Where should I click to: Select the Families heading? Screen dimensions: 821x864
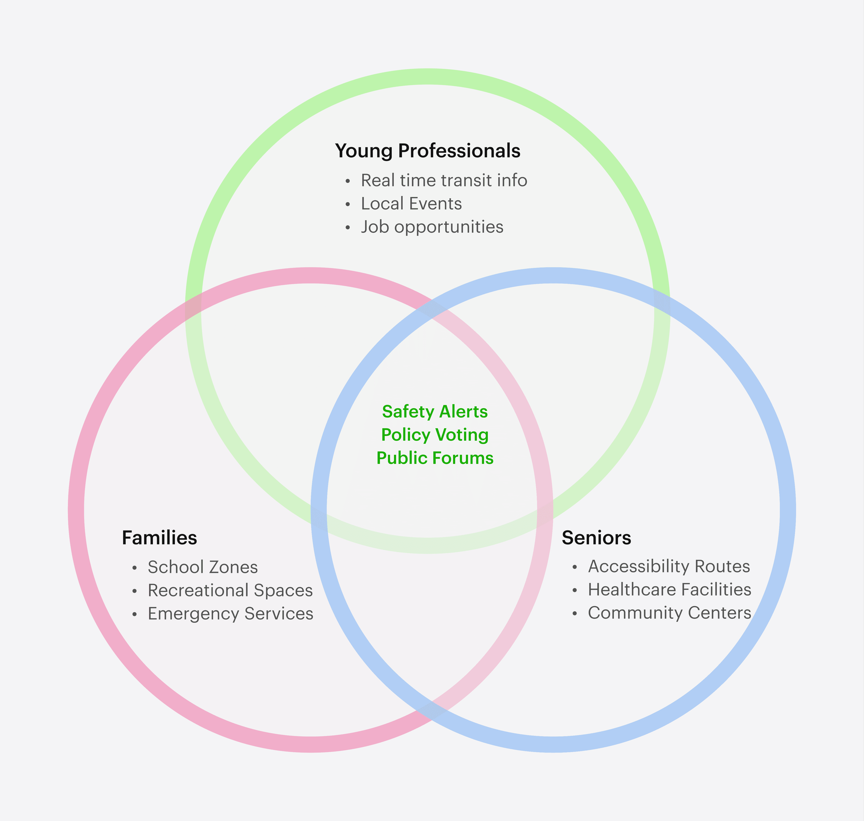159,538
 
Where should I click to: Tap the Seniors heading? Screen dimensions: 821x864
596,538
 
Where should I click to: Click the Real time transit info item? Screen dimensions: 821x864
444,180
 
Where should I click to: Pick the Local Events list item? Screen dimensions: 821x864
411,204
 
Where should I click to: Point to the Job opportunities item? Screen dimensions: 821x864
432,227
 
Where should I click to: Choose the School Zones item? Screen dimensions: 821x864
203,567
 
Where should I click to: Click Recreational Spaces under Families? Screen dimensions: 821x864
230,590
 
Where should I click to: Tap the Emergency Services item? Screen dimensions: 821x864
230,614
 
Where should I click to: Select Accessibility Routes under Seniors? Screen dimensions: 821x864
669,566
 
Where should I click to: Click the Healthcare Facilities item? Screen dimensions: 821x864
669,590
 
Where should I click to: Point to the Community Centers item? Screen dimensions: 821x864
669,613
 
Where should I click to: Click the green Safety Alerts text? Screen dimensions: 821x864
435,412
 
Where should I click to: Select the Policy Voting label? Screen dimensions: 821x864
435,435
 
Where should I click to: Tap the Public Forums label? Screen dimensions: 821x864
435,458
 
